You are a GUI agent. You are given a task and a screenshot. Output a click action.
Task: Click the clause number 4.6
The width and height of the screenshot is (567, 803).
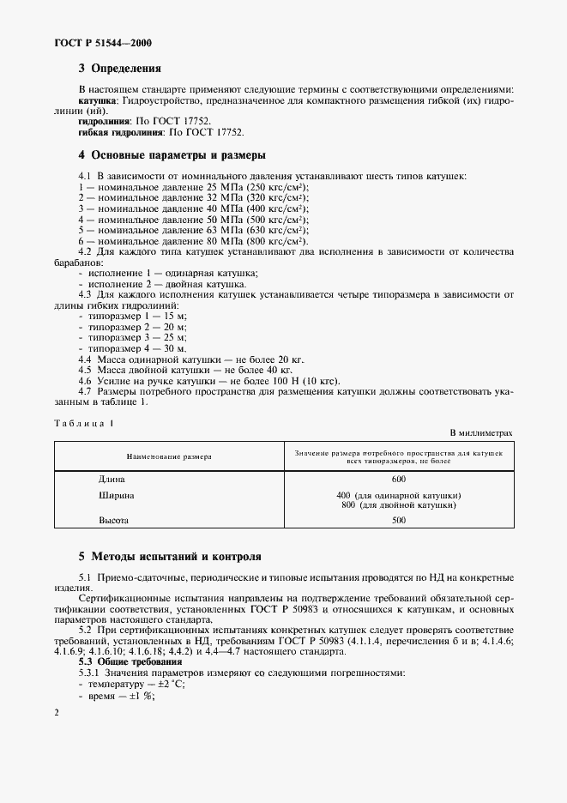pyautogui.click(x=85, y=380)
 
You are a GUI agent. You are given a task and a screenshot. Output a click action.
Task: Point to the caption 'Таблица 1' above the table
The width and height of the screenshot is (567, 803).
pyautogui.click(x=83, y=425)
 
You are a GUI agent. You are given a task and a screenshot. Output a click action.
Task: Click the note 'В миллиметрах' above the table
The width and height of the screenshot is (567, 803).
pyautogui.click(x=481, y=434)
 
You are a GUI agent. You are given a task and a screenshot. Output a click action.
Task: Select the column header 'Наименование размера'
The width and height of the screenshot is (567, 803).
pyautogui.click(x=169, y=457)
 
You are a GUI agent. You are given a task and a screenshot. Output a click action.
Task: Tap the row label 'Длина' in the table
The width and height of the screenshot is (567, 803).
pyautogui.click(x=112, y=480)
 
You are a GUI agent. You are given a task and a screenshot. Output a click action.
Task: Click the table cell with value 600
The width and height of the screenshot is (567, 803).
pyautogui.click(x=398, y=480)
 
